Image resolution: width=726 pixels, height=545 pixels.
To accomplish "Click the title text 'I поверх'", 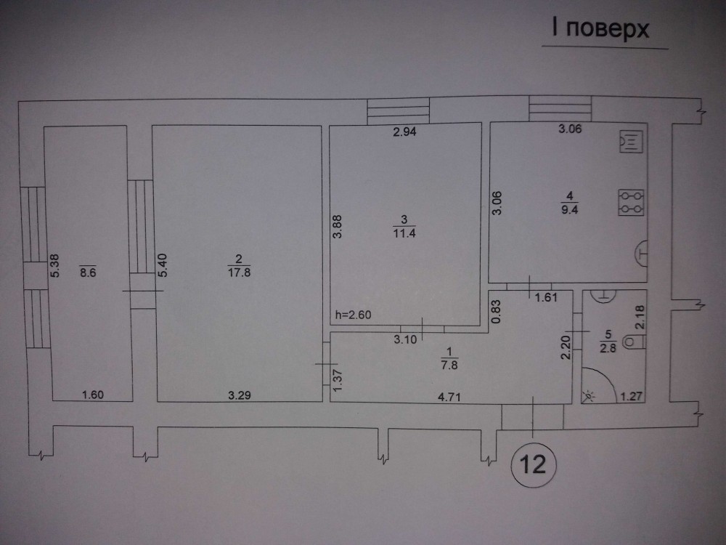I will [599, 31].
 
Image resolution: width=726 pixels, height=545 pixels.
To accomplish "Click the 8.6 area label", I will [87, 275].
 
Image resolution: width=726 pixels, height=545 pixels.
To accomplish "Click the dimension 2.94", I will [407, 133].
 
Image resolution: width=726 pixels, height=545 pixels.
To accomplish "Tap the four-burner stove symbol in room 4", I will [630, 202].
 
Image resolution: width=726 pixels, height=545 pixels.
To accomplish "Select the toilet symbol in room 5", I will [633, 341].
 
